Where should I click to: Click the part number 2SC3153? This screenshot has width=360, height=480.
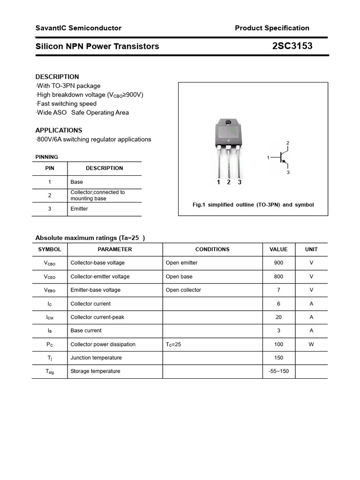coord(292,46)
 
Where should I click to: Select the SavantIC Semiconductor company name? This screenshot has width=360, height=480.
coord(78,28)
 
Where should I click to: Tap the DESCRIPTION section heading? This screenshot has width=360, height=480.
coord(57,76)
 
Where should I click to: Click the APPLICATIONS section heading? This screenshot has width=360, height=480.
coord(59,130)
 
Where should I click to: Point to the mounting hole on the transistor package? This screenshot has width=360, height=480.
coord(228,123)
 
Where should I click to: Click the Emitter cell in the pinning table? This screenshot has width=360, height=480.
coord(79,209)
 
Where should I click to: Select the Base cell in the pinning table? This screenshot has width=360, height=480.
coord(76,182)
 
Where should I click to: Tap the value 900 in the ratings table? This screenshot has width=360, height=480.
coord(278,263)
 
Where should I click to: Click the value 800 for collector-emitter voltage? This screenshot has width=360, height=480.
coord(278,277)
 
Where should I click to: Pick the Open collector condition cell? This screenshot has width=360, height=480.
coord(183,290)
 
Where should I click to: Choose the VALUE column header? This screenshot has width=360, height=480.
coord(278,249)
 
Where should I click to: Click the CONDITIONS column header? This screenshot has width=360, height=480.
coord(212,249)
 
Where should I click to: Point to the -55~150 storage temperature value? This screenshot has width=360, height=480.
coord(278,371)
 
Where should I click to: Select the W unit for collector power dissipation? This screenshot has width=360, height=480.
coord(311,344)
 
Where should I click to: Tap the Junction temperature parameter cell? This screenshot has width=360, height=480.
coord(96,358)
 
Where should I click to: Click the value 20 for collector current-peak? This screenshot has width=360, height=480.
coord(278,317)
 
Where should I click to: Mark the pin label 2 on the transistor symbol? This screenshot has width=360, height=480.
coord(288,142)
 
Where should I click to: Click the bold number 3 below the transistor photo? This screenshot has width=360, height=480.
coord(240,182)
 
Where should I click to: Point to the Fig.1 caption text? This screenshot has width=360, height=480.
coord(253,205)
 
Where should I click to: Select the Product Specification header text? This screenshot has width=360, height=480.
coord(272,28)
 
